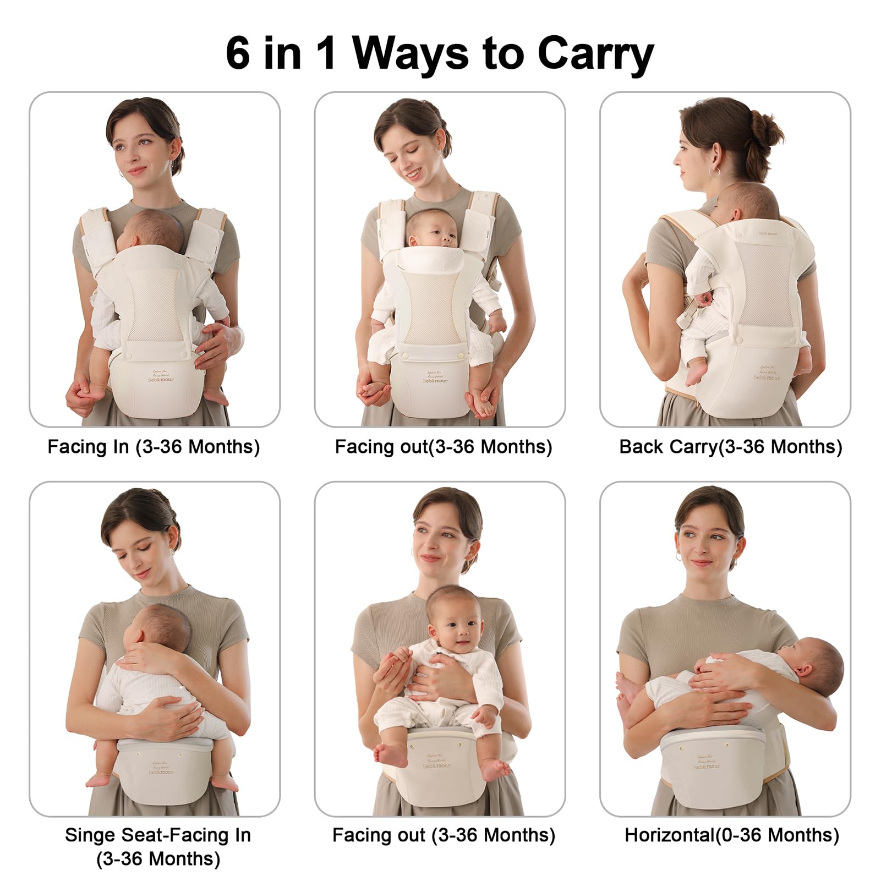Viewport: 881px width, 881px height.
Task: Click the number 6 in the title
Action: (x=238, y=53)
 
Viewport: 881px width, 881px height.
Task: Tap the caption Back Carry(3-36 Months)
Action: (x=730, y=447)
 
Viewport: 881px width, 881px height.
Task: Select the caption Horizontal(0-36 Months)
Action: (x=731, y=835)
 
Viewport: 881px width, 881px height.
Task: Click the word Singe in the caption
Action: (x=90, y=835)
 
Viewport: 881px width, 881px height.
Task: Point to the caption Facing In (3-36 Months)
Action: (x=154, y=447)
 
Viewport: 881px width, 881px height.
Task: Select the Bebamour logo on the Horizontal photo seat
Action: (x=706, y=766)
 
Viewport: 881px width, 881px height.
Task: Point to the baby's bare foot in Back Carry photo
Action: (x=695, y=374)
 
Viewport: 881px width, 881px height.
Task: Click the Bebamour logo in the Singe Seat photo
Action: (x=161, y=771)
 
